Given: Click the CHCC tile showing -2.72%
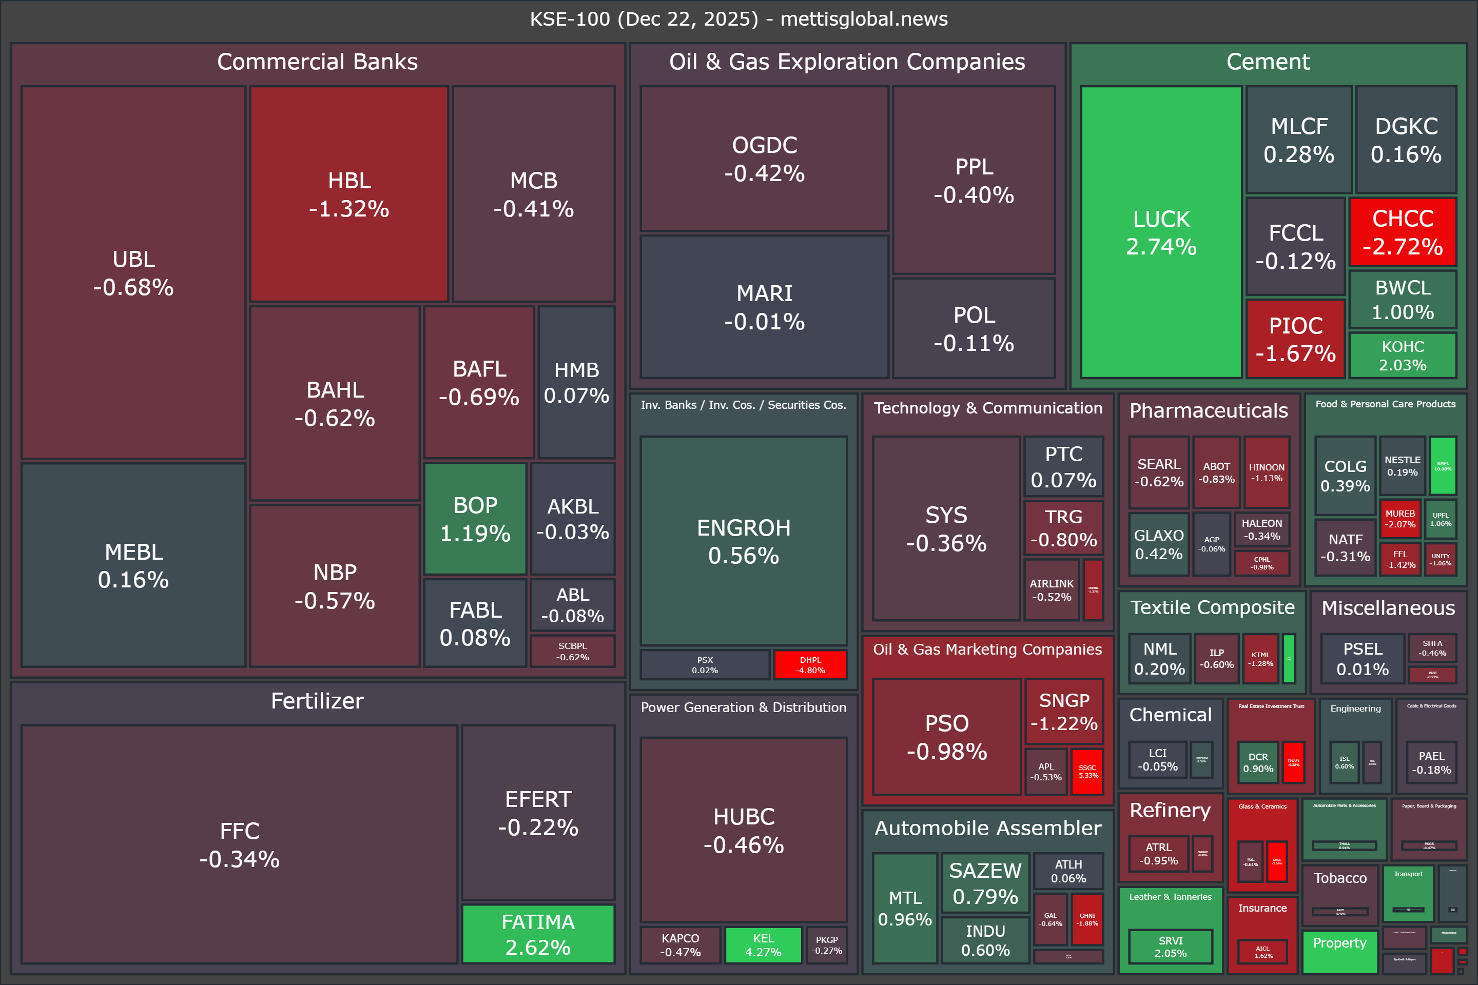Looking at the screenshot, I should point(1403,232).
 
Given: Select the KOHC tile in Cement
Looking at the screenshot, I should point(1403,356).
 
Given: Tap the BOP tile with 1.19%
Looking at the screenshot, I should point(475,519).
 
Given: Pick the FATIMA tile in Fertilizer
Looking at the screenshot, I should point(538,934).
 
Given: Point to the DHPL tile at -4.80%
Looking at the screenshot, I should point(810,665).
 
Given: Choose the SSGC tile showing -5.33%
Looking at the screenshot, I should point(1087,772).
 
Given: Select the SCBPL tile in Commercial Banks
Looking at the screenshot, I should point(573,652).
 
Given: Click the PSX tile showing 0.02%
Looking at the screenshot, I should point(705,665).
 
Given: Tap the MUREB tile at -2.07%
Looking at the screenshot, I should point(1400,519).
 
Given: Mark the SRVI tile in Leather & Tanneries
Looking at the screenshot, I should point(1170,946).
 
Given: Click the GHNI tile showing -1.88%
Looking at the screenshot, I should point(1087,919).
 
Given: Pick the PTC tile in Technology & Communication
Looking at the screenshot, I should point(1063,467).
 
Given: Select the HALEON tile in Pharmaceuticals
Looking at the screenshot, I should point(1261,529).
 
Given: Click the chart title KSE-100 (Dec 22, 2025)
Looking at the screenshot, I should point(739,19).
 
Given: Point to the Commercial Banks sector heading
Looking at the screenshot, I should point(317,62).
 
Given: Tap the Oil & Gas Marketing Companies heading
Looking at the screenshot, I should point(987,649).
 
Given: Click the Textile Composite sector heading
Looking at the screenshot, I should point(1212,607).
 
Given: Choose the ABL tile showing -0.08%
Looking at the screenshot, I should point(573,605).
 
